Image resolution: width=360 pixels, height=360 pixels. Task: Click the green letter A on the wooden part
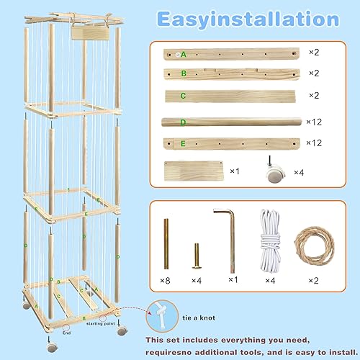(x=184, y=54)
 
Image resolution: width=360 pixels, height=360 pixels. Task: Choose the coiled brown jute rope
(x=312, y=239)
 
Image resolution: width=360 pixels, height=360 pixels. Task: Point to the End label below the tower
(x=66, y=333)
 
